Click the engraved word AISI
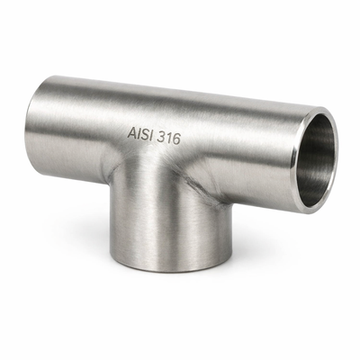[139, 134]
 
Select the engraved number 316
[169, 139]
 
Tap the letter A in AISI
[132, 133]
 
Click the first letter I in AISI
[139, 134]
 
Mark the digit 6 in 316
[176, 139]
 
